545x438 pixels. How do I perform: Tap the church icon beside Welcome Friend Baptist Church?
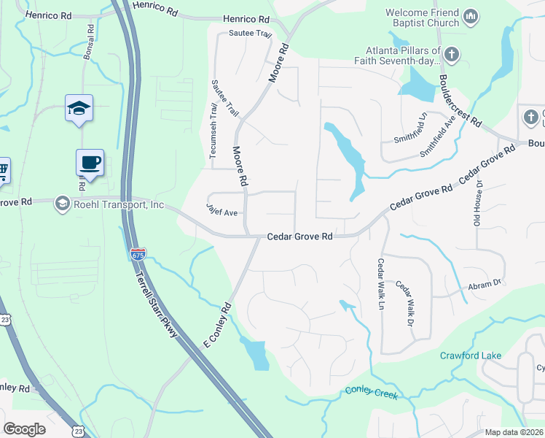471,16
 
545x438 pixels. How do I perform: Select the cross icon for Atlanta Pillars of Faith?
452,55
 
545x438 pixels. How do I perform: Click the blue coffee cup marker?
90,163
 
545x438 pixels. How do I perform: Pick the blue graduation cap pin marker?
79,109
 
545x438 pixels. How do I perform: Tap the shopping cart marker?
3,171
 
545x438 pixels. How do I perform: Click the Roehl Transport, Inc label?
119,205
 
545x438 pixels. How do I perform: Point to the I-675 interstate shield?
138,254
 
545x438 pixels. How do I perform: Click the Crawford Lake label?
470,356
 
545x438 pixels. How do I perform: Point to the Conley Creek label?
372,394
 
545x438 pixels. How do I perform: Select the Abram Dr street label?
485,282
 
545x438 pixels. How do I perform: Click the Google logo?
24,429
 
